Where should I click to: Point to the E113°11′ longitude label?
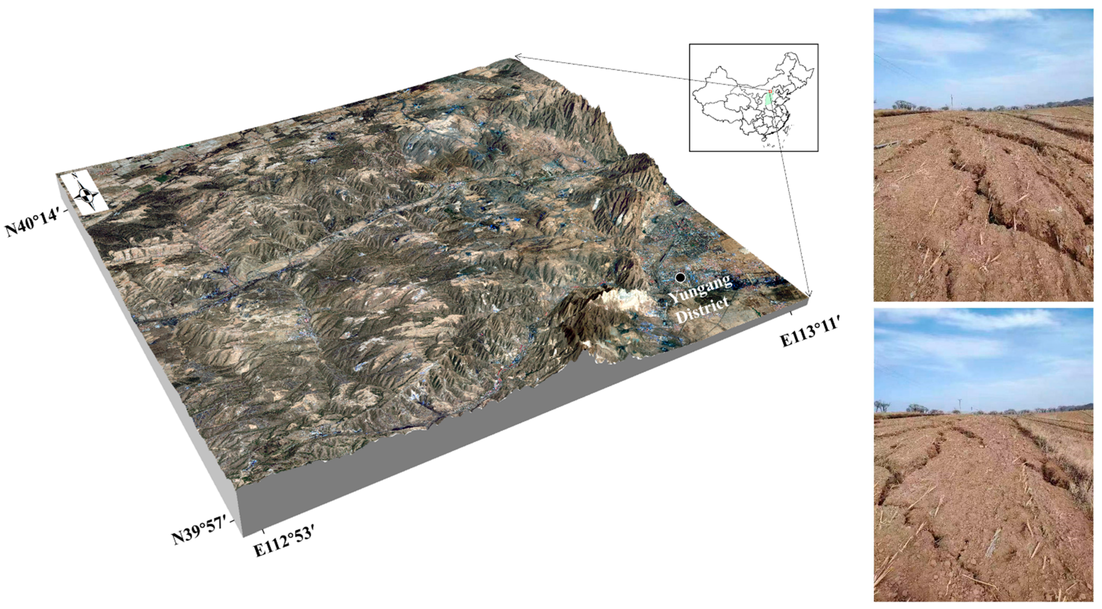coord(809,335)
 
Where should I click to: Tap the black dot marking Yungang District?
coord(680,278)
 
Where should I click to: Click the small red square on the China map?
coord(770,91)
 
